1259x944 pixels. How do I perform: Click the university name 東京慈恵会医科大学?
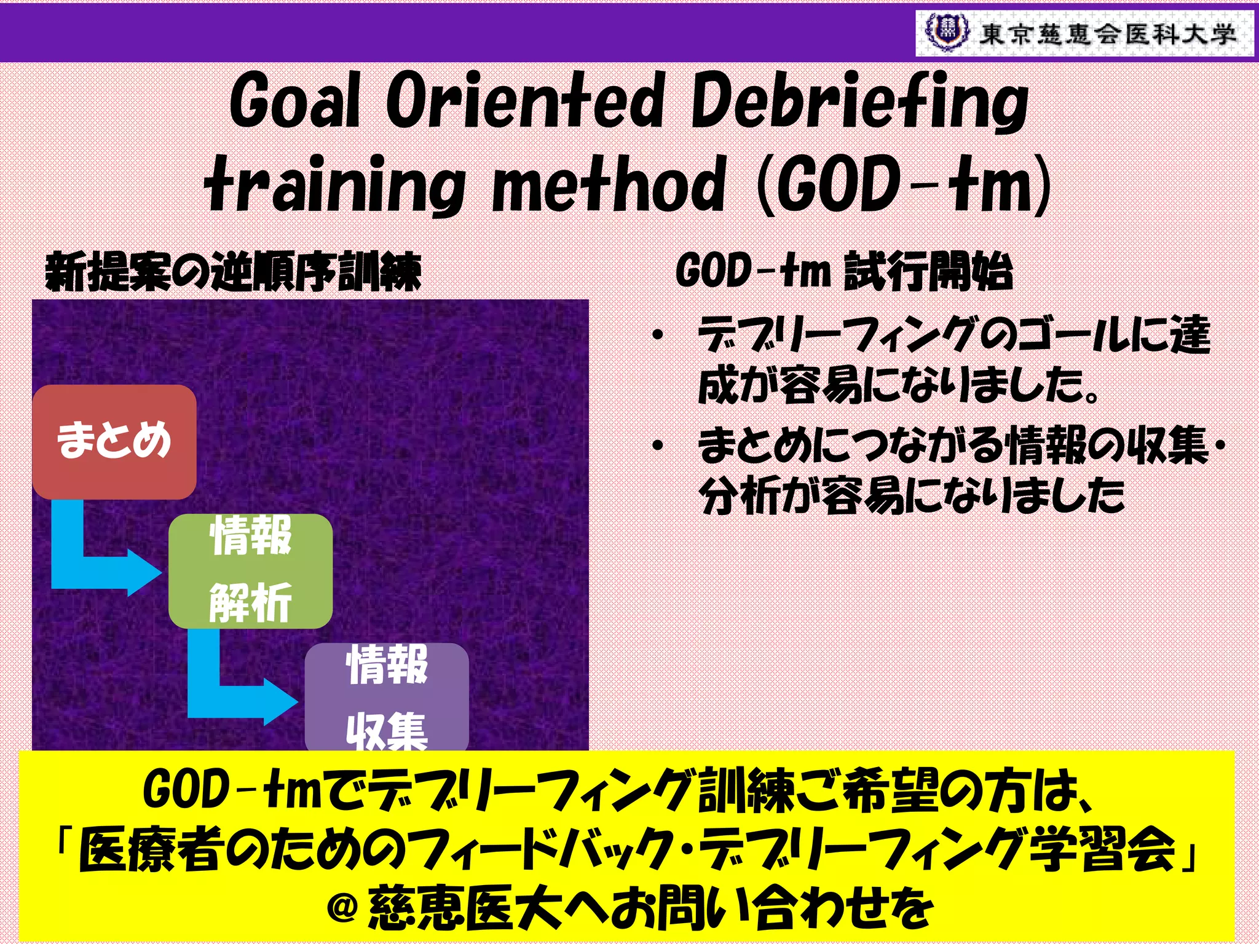click(x=1107, y=34)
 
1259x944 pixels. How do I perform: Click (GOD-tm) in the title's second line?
click(x=904, y=184)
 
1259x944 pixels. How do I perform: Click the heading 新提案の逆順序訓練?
click(x=234, y=272)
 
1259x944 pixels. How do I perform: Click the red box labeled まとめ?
click(x=114, y=441)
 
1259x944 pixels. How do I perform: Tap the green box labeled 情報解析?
click(x=251, y=570)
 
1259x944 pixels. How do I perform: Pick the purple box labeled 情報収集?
click(x=387, y=698)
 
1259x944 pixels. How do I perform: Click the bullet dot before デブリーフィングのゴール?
click(x=658, y=336)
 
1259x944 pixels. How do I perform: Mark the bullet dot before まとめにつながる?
click(x=658, y=445)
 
